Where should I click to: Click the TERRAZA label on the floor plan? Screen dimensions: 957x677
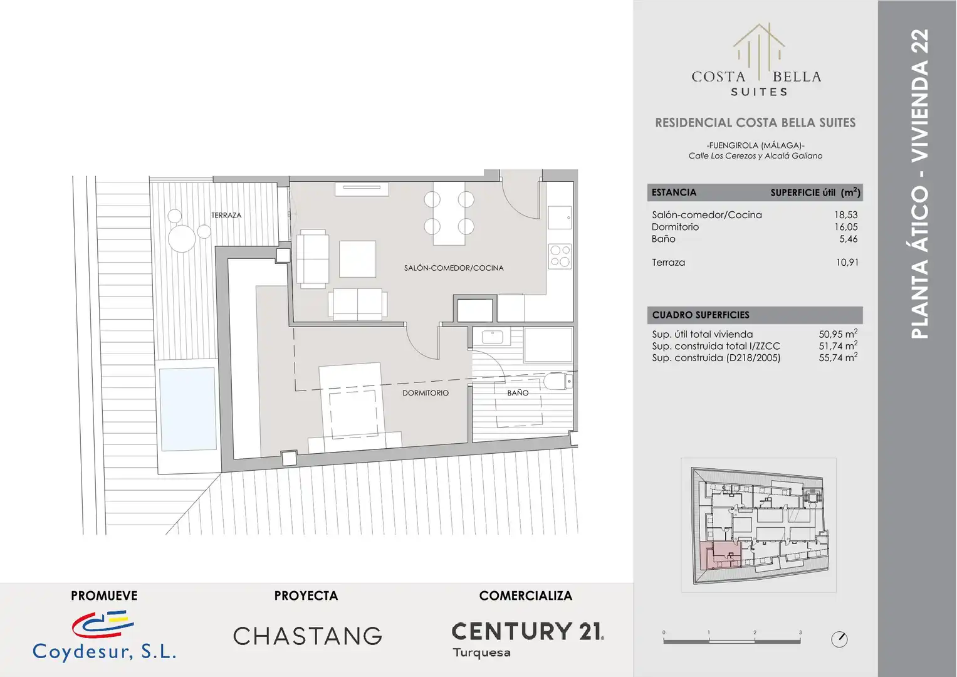tap(226, 216)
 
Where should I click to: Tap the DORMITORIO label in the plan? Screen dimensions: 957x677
tap(426, 393)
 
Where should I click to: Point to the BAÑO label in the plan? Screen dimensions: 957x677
tap(518, 393)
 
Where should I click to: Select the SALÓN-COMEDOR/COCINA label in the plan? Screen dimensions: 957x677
tap(454, 268)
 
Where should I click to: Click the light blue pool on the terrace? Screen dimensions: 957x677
tap(187, 409)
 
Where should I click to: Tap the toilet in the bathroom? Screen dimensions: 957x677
tap(558, 381)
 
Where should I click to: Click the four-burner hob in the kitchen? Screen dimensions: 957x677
tap(560, 256)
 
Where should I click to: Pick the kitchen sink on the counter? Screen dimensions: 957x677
tap(560, 218)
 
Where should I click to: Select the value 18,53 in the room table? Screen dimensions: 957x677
tap(846, 215)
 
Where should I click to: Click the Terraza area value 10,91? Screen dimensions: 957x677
tap(847, 263)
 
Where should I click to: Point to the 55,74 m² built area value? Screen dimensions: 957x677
tap(838, 357)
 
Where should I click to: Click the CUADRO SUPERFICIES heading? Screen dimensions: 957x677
tap(701, 315)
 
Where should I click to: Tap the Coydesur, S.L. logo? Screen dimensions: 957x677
tap(104, 636)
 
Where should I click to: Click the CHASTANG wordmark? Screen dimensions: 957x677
tap(308, 636)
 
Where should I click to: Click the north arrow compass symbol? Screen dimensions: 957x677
tap(839, 639)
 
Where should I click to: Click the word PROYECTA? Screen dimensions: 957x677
tap(306, 596)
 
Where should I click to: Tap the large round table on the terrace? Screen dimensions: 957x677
tap(182, 238)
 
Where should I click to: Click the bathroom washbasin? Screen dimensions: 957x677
tap(492, 337)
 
